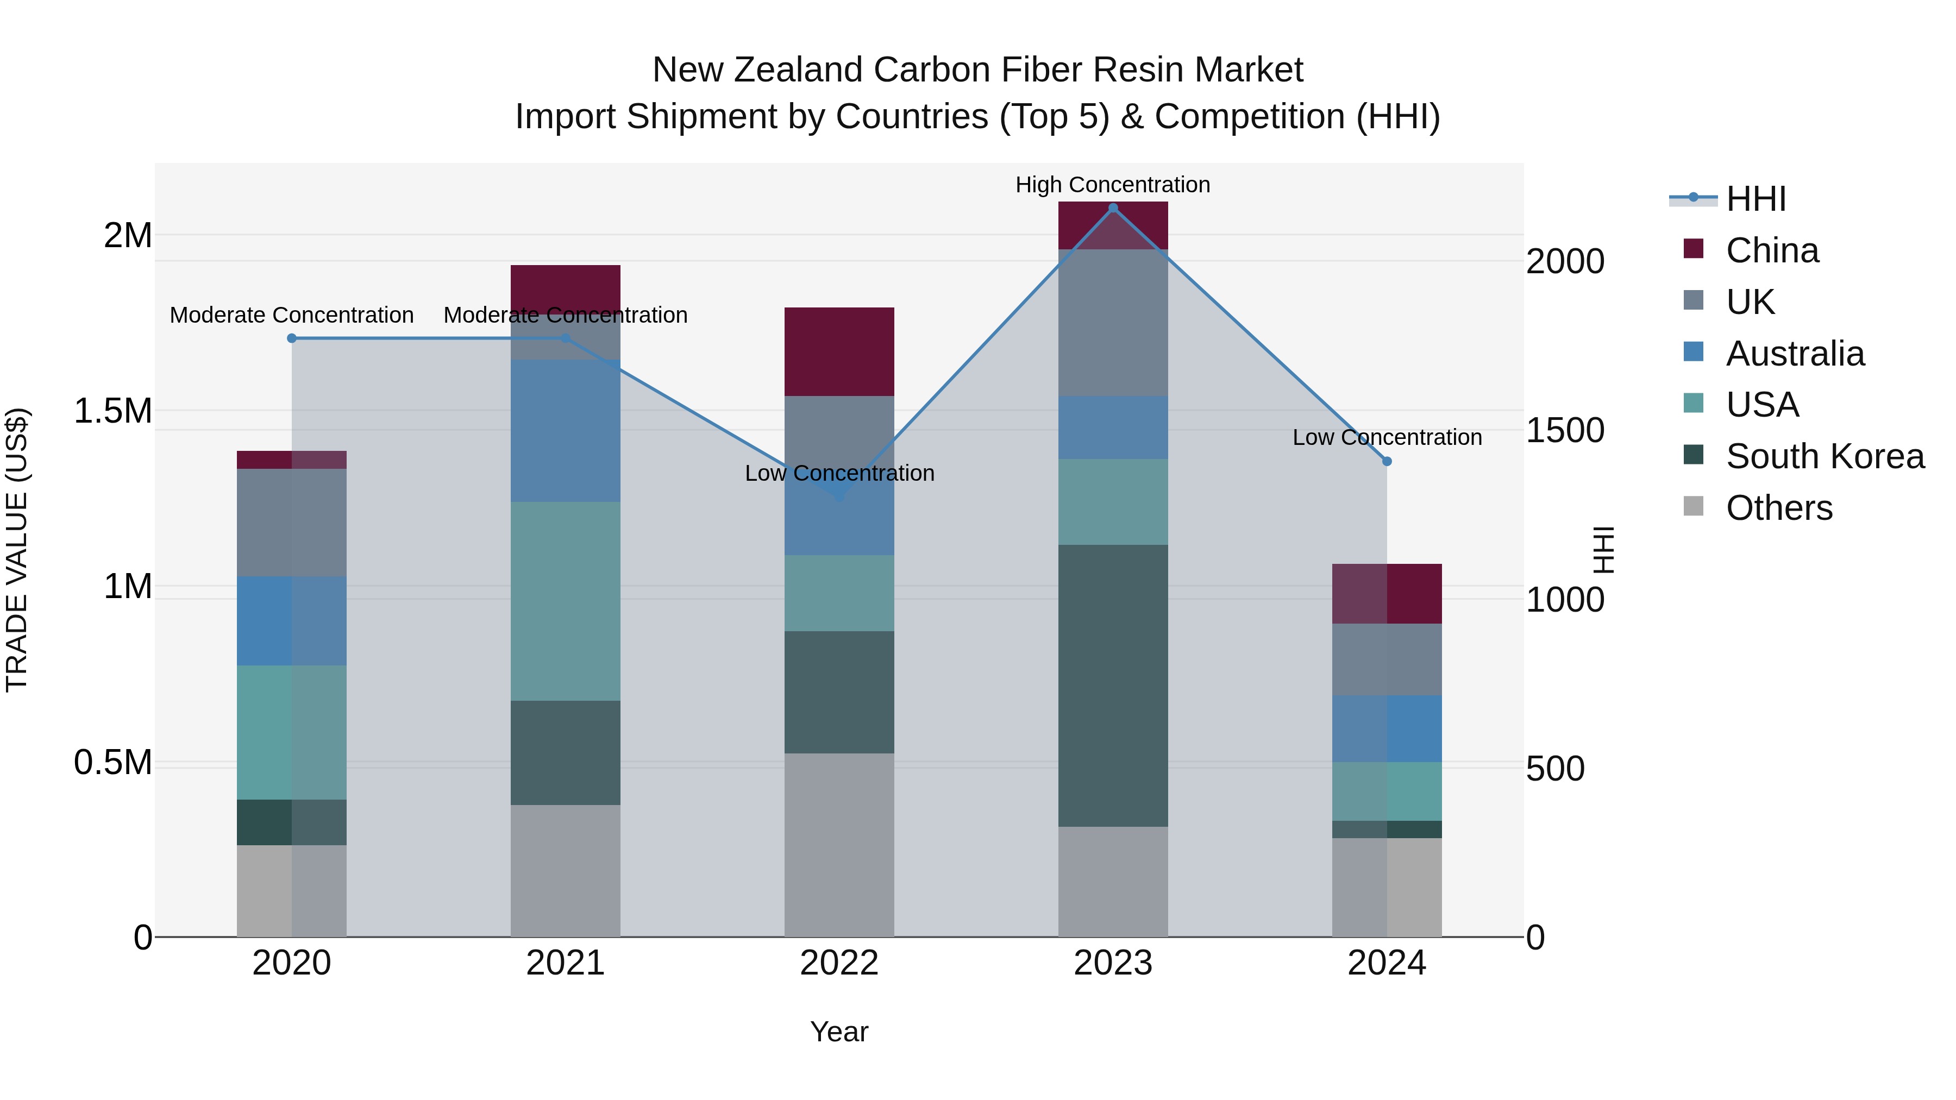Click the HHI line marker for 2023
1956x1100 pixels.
tap(1113, 208)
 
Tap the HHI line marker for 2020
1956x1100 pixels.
tap(292, 338)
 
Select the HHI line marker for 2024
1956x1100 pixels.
tap(1387, 461)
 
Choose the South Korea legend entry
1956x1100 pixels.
tap(1825, 456)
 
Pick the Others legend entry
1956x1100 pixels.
tap(1778, 508)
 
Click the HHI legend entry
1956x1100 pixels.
tap(1755, 199)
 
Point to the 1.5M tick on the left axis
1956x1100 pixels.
tap(113, 411)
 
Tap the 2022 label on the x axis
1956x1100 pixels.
tap(839, 963)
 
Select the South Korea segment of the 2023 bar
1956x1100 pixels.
tap(1113, 685)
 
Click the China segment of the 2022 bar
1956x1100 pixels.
tap(839, 351)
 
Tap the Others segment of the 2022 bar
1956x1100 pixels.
tap(839, 844)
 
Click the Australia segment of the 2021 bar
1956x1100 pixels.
tap(566, 430)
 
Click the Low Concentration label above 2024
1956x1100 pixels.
tap(1387, 437)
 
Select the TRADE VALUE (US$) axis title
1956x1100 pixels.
tap(17, 550)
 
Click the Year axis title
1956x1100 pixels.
tap(839, 1032)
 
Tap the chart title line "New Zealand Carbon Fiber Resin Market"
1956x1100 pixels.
tap(977, 70)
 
